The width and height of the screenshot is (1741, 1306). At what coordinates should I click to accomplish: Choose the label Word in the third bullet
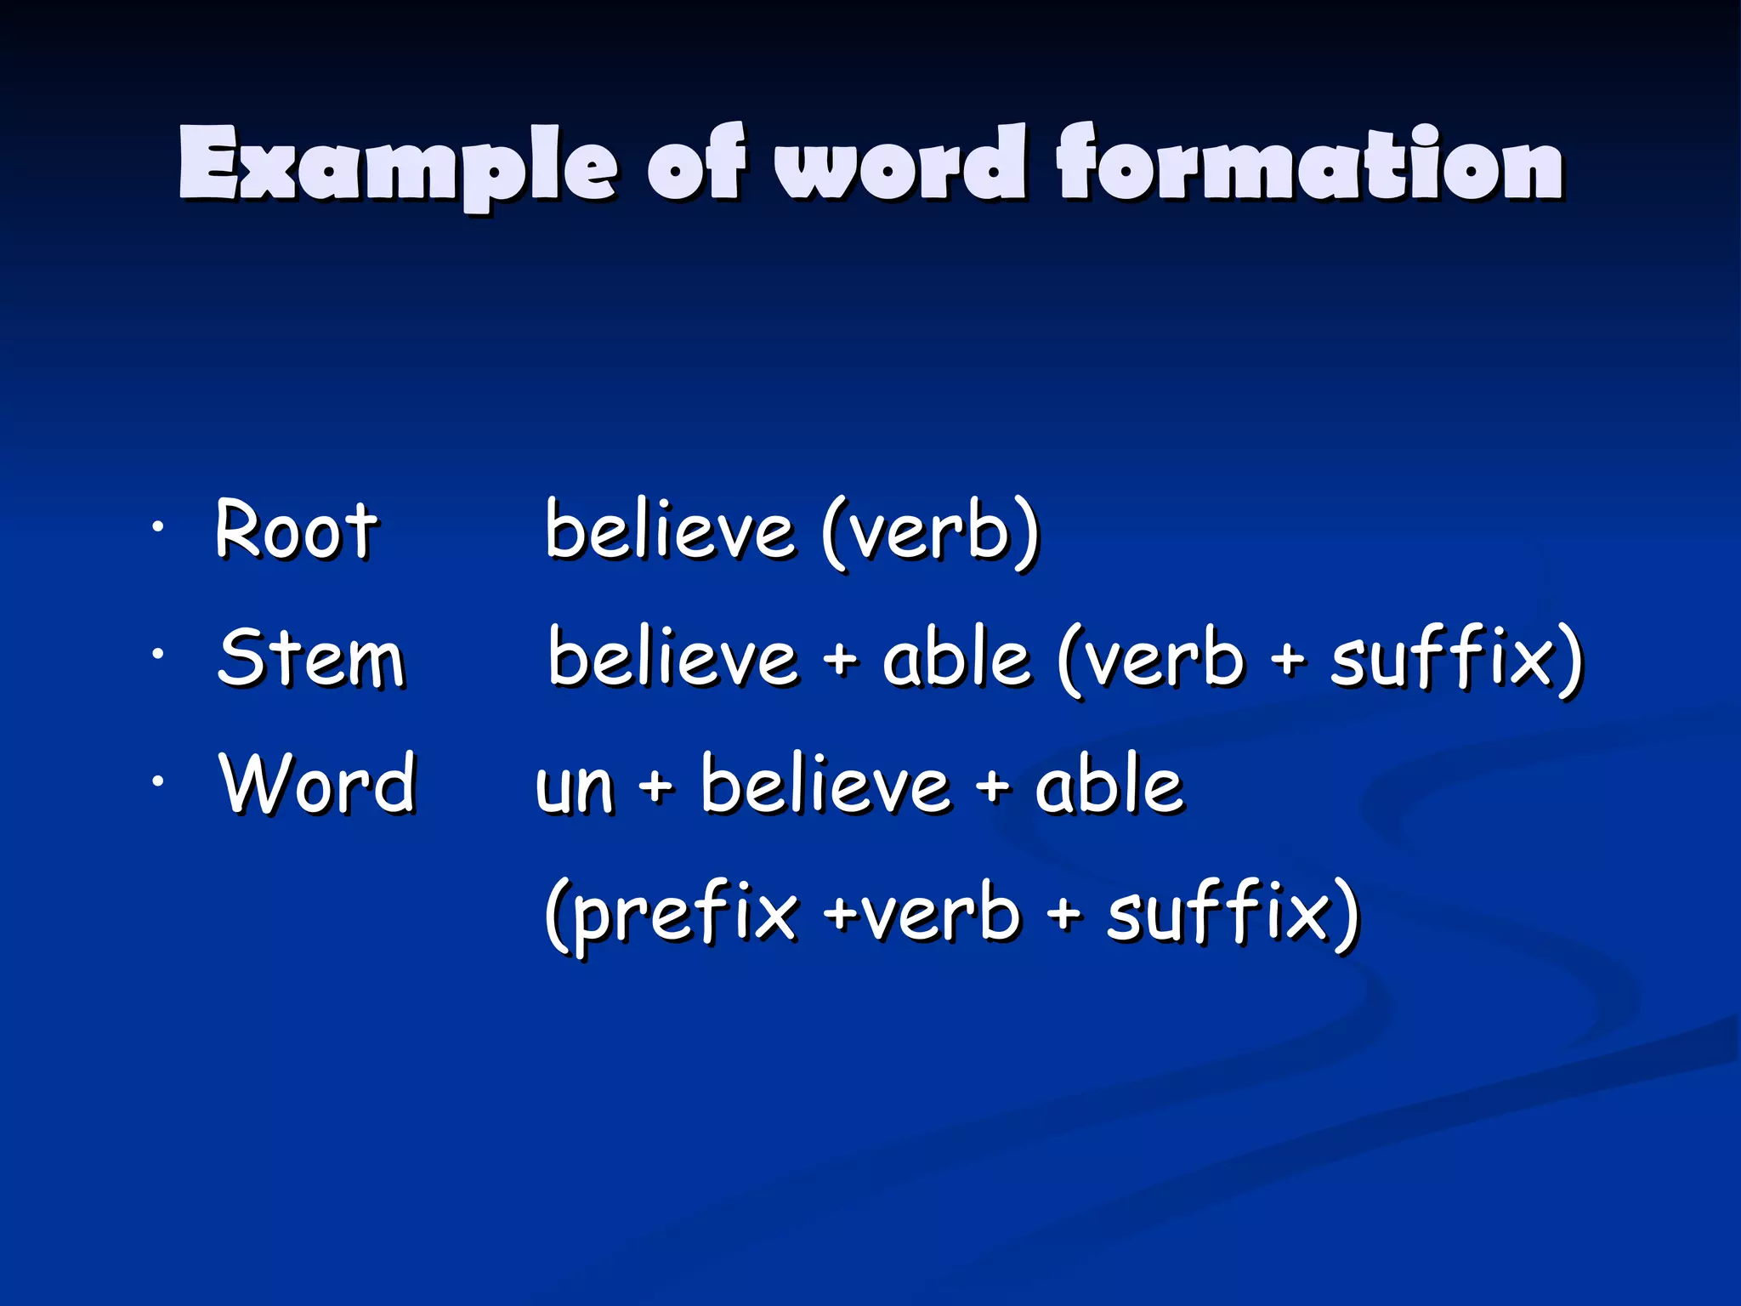click(x=318, y=784)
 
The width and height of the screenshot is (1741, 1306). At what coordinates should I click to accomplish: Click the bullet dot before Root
click(x=156, y=528)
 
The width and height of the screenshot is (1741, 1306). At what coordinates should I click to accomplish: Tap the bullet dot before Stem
click(x=156, y=654)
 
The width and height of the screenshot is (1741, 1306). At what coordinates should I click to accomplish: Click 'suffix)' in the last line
click(x=1233, y=913)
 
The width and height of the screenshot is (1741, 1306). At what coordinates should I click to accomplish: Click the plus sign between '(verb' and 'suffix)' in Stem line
click(x=1290, y=659)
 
